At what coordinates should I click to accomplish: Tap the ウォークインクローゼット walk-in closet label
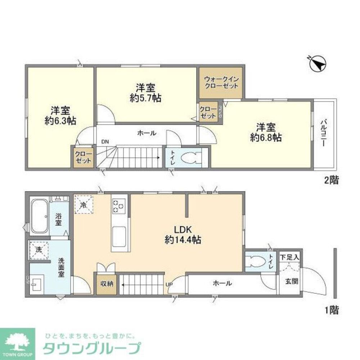(x=221, y=82)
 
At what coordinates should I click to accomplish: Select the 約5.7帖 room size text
(x=145, y=98)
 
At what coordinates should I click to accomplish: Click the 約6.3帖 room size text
(x=60, y=121)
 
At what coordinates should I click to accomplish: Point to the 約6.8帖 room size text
(x=266, y=137)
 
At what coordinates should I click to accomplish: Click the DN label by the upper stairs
(x=104, y=141)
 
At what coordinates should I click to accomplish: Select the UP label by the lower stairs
(x=168, y=284)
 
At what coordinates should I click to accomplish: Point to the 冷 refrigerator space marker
(x=84, y=205)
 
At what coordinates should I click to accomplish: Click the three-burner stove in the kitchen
(x=119, y=206)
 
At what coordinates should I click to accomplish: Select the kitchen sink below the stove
(x=120, y=236)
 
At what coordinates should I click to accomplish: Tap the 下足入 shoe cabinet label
(x=290, y=257)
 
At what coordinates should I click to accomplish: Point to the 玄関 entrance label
(x=292, y=281)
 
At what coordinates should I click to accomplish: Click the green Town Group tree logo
(x=17, y=341)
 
